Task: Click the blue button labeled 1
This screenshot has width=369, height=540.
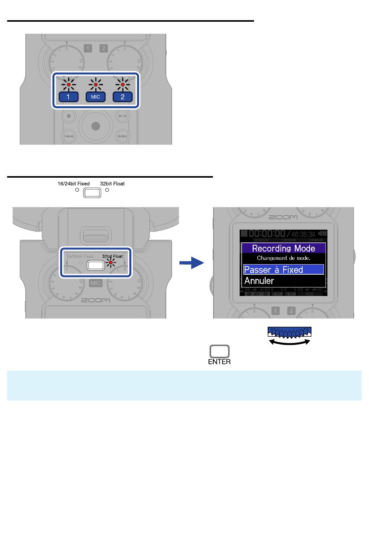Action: point(68,97)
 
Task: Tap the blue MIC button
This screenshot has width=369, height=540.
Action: point(96,97)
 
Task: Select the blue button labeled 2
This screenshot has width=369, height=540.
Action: point(123,97)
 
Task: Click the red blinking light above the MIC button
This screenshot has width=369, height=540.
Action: point(96,84)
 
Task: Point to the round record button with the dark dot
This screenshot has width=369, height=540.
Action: point(96,126)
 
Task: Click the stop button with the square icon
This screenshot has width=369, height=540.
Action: point(69,116)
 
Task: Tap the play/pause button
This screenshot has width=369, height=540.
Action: point(123,116)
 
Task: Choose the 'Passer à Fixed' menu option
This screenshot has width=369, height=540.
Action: point(283,270)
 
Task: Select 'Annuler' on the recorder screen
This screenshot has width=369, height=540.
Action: point(259,280)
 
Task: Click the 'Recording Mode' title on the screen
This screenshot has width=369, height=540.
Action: point(283,248)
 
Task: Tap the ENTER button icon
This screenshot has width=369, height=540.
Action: point(219,351)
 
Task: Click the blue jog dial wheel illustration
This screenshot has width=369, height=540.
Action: point(289,332)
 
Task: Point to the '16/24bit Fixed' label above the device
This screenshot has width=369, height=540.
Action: point(74,184)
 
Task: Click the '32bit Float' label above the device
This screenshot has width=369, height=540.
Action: point(112,184)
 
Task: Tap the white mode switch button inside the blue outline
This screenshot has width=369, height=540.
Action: point(96,265)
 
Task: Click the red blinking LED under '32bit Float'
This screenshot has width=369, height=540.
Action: point(111,263)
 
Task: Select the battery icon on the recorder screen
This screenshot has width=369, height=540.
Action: point(322,234)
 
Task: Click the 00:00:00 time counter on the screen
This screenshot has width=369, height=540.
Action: point(267,234)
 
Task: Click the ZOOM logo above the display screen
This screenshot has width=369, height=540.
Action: point(283,217)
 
